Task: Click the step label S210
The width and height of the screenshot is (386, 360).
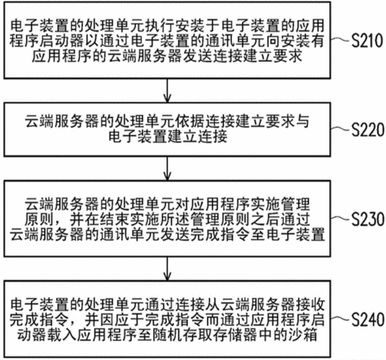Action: point(367,41)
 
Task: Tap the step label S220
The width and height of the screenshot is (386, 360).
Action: point(368,130)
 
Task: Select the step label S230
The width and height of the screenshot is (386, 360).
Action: point(368,219)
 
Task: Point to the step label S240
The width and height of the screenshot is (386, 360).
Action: point(368,319)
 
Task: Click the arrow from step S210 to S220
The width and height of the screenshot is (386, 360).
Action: point(167,90)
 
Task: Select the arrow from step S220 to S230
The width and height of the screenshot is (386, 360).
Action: point(167,169)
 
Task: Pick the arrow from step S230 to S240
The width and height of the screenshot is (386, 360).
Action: point(167,269)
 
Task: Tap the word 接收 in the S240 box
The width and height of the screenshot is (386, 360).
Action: point(309,304)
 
